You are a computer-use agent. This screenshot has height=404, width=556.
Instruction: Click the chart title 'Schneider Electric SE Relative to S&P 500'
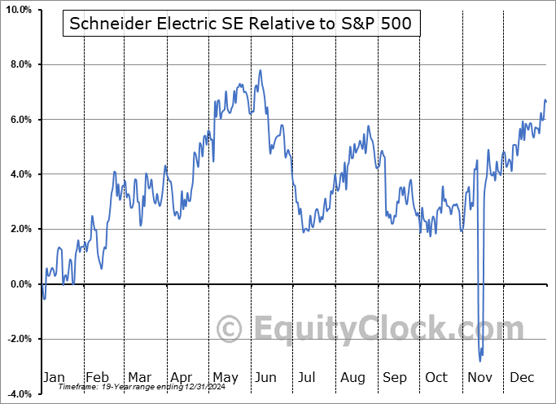pos(241,24)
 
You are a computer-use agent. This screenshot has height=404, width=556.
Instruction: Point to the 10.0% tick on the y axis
pos(18,10)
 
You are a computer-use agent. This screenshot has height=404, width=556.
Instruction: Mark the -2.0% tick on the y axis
pos(19,339)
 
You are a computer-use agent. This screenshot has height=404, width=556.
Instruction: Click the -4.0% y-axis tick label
pos(19,393)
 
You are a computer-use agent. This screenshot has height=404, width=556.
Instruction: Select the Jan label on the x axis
pos(54,377)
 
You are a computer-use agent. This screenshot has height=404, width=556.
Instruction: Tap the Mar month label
pos(139,377)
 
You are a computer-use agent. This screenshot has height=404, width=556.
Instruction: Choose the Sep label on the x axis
pos(395,377)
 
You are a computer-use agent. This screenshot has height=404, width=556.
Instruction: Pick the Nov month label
pos(479,377)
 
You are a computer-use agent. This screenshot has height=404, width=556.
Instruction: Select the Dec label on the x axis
pos(522,377)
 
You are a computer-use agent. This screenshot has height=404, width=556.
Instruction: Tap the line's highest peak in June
pos(260,70)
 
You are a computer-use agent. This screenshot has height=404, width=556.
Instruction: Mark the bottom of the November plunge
pos(480,360)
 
